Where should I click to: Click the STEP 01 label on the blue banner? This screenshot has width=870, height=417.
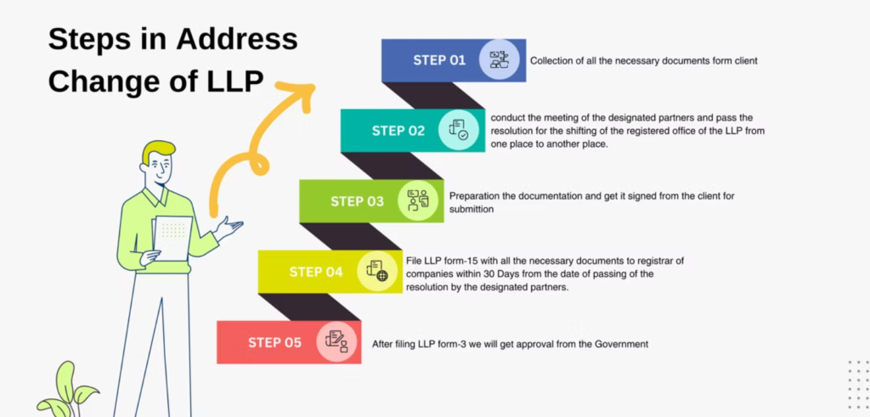tap(439, 60)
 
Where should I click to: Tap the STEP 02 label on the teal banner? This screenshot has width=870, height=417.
tap(398, 131)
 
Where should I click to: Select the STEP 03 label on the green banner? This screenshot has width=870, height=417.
tap(357, 201)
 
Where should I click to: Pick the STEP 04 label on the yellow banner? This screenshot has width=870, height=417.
tap(316, 272)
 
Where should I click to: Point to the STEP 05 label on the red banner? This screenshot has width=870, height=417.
tap(274, 342)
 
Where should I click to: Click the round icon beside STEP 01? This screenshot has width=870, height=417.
tap(499, 60)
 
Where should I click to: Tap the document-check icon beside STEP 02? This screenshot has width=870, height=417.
tap(458, 131)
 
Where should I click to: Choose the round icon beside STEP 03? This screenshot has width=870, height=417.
tap(417, 201)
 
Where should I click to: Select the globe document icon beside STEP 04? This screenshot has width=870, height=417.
tap(376, 272)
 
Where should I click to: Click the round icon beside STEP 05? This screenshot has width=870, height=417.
tap(336, 342)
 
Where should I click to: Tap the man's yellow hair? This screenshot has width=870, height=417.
tap(158, 151)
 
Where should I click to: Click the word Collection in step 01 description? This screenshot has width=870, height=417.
tap(551, 61)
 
